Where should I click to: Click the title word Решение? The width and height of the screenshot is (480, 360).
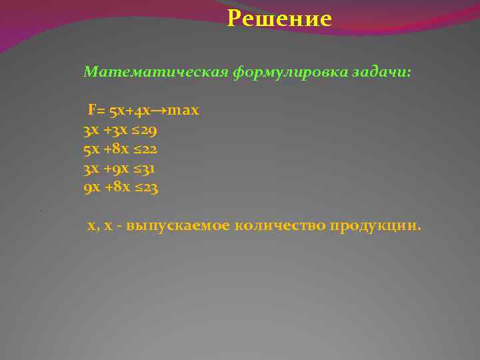pyautogui.click(x=279, y=19)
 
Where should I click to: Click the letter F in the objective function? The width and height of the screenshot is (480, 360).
pyautogui.click(x=91, y=109)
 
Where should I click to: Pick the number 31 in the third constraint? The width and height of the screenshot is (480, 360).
pyautogui.click(x=148, y=168)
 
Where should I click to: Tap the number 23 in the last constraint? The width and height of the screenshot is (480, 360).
pyautogui.click(x=149, y=188)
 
